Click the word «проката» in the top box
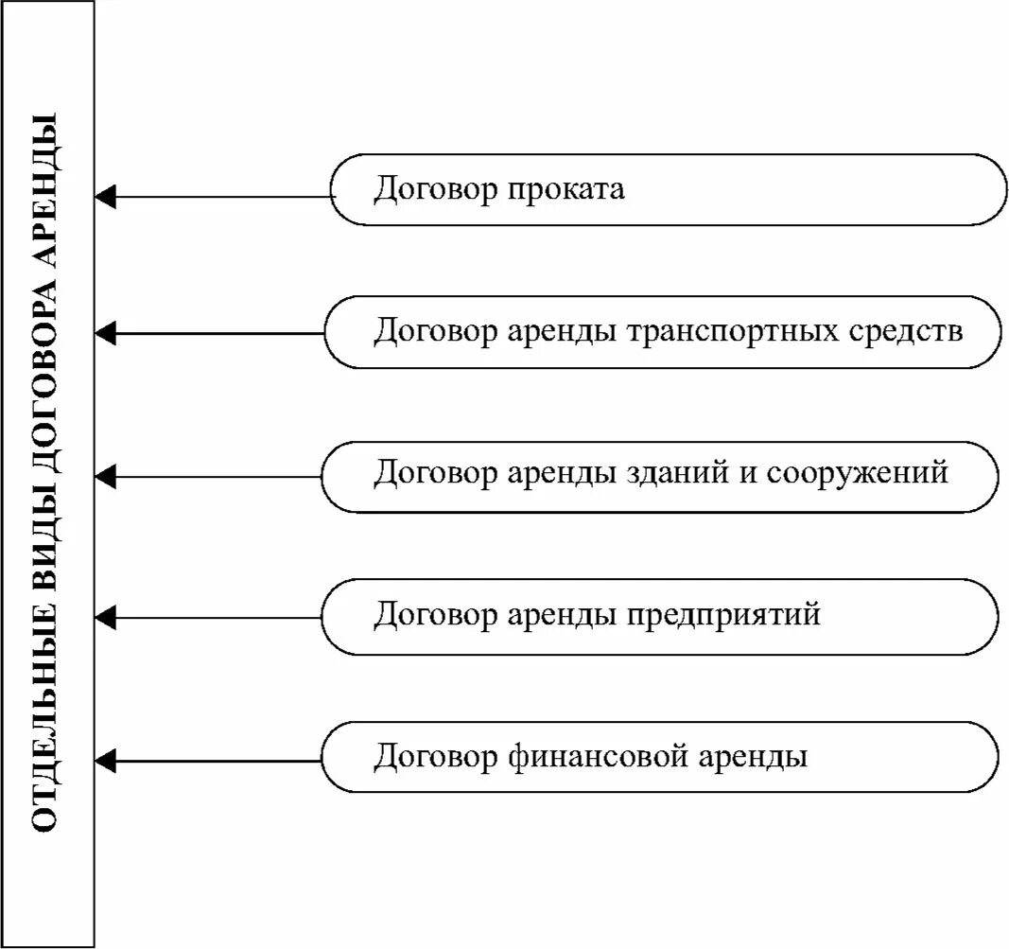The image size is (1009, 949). pos(568,189)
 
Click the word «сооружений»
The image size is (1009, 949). pos(857,474)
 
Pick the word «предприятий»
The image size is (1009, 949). pos(724,616)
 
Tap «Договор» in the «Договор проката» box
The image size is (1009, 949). pos(435,189)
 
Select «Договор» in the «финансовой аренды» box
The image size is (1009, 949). pos(435,758)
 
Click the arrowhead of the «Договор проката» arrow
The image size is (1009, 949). pos(106,197)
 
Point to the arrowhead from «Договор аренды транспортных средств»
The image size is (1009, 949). pos(106,333)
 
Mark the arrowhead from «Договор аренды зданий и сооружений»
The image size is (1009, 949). pos(106,476)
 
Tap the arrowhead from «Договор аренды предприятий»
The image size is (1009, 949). pos(106,619)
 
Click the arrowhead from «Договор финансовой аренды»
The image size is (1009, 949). pos(106,760)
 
